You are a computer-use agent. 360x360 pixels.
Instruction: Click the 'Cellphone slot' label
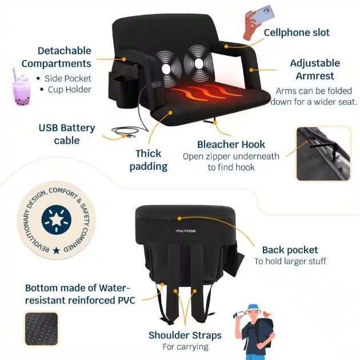point(297,33)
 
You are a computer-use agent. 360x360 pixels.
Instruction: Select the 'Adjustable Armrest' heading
point(315,69)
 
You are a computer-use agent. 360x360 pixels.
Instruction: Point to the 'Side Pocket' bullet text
point(68,78)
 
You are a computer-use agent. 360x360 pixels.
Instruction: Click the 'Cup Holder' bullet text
point(69,90)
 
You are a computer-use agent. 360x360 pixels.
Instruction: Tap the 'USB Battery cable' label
point(67,134)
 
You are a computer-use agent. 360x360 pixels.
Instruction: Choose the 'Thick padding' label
point(149,160)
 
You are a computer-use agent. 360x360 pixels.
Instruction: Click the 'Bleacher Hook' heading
point(231,145)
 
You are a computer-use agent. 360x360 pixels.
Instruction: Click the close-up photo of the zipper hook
point(323,154)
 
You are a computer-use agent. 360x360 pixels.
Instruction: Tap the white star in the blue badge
point(56,220)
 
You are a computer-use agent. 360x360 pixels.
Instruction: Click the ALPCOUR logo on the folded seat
point(186,231)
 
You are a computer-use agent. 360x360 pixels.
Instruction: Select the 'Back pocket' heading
point(290,250)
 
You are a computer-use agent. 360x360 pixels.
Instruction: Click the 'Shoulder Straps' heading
point(185,335)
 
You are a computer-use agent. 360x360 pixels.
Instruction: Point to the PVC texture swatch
point(41,329)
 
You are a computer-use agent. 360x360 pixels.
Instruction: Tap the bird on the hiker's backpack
point(267,314)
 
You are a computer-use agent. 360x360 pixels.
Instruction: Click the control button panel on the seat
point(156,85)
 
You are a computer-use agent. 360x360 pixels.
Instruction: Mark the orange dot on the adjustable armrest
point(251,70)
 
